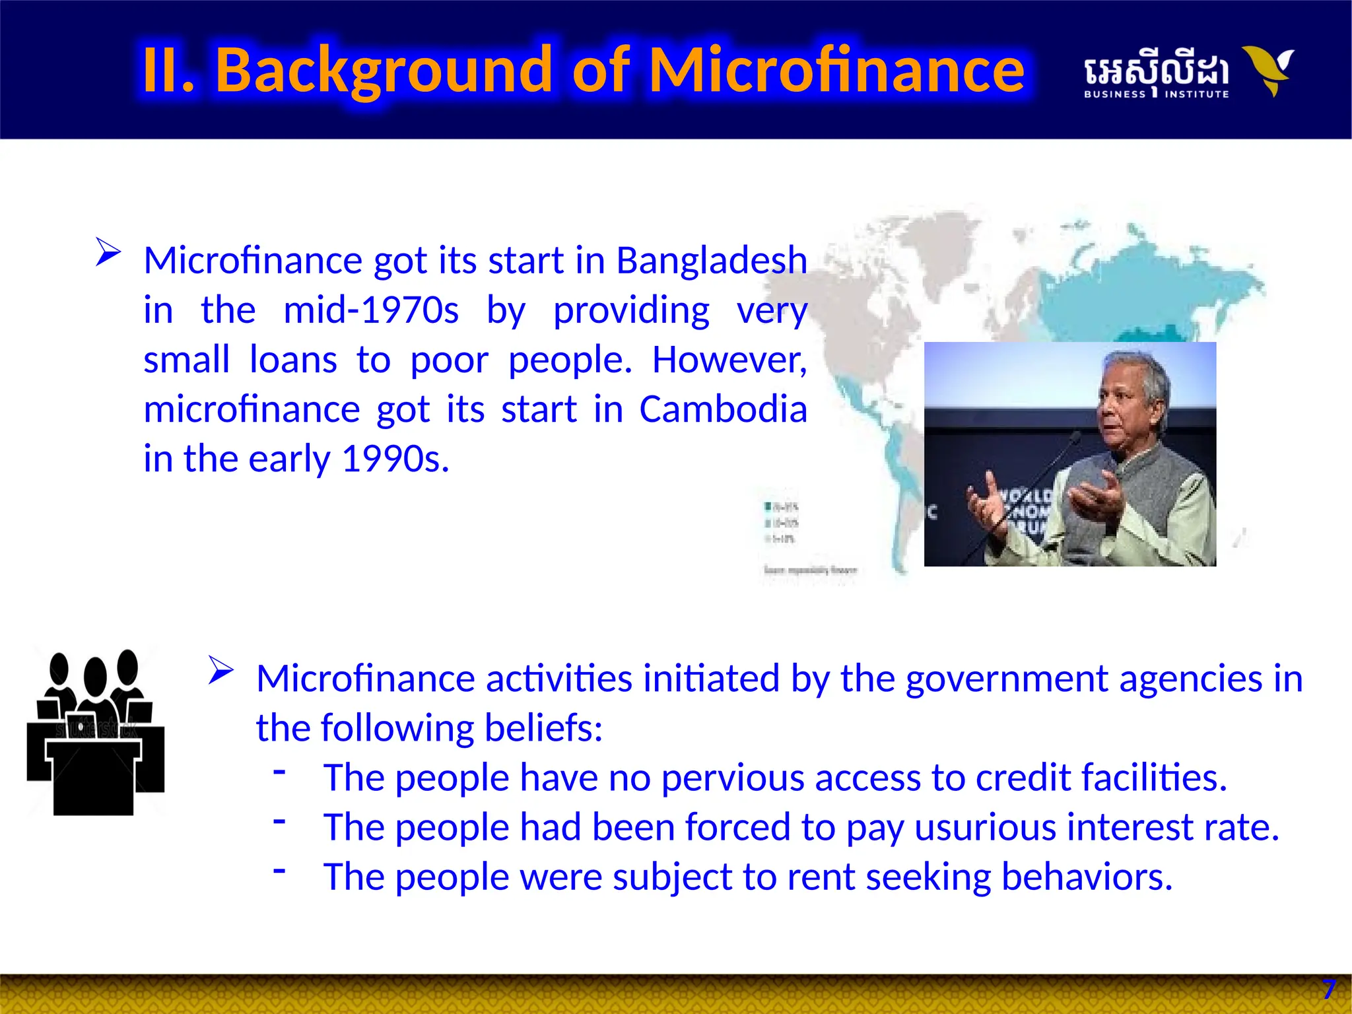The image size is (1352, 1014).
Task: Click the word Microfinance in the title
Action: pyautogui.click(x=836, y=70)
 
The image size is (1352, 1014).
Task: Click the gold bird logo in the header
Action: pyautogui.click(x=1268, y=70)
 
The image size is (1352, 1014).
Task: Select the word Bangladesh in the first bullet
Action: pyautogui.click(x=711, y=260)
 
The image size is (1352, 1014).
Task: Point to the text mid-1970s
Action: pyautogui.click(x=370, y=310)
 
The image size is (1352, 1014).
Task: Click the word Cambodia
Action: pyautogui.click(x=723, y=409)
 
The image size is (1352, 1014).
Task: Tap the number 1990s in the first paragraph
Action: pyautogui.click(x=395, y=459)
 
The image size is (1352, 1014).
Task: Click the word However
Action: pyautogui.click(x=729, y=360)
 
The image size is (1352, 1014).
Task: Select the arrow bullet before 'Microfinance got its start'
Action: pyautogui.click(x=108, y=252)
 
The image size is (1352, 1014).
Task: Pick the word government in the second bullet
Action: pyautogui.click(x=974, y=679)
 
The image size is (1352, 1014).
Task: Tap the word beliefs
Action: pyautogui.click(x=543, y=728)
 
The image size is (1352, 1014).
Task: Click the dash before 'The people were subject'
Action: pyautogui.click(x=280, y=870)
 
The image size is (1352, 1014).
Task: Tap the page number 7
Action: pyautogui.click(x=1328, y=990)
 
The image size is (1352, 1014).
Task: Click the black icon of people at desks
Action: pyautogui.click(x=96, y=732)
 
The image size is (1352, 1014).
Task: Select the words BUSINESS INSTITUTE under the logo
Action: pyautogui.click(x=1156, y=94)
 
